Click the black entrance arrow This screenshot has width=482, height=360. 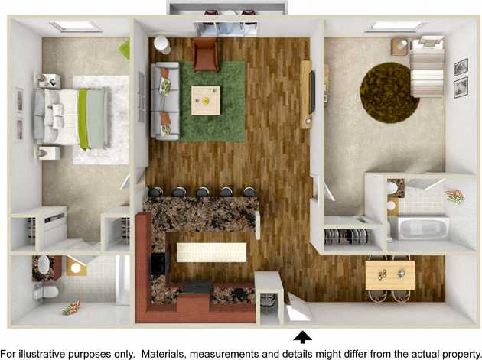(x=304, y=336)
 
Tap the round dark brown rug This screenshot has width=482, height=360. (x=389, y=92)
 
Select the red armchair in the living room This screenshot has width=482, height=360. (x=205, y=54)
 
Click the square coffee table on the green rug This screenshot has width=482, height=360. (x=206, y=100)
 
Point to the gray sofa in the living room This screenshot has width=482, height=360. (x=165, y=100)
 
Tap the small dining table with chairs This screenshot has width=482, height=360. (x=390, y=274)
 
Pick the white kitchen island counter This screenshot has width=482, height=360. (x=212, y=252)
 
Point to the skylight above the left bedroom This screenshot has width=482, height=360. (x=75, y=27)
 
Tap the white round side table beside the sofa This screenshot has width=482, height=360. (x=162, y=44)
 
